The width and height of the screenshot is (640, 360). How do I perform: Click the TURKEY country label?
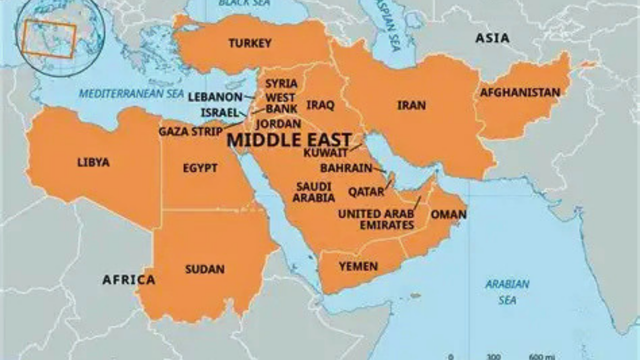pos(250,44)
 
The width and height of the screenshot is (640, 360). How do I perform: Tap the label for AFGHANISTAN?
pos(520,93)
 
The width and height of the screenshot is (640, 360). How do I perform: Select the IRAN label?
pos(412,105)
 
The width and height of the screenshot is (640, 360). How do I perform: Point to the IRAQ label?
pos(320,105)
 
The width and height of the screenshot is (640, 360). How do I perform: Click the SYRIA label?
pos(281,84)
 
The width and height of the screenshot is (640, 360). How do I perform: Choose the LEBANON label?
pos(215,97)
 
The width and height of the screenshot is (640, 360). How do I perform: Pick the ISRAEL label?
pos(220,113)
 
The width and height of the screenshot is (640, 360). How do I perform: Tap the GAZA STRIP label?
pos(190,132)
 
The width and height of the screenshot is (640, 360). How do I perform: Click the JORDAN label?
pos(278,124)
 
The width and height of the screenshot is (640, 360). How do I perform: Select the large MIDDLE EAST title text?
pos(289,140)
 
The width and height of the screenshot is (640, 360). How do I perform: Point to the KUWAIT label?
pos(326,153)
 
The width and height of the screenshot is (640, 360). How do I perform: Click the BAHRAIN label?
pos(346,168)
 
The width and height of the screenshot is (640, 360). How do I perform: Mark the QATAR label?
pos(366,192)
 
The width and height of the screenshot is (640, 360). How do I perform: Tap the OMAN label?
pos(448,215)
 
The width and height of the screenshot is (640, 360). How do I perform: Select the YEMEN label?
pos(358,267)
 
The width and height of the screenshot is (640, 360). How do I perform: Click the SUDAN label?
pos(205,270)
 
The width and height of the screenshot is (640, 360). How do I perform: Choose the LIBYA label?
pos(93,163)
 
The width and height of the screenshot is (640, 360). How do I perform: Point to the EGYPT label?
pos(200,168)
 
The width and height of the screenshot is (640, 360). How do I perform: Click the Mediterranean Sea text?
pos(131,94)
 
